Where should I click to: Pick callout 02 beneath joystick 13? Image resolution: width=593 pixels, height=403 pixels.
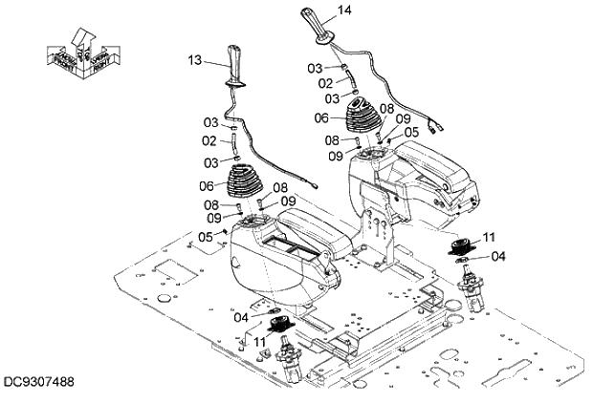pos(209,142)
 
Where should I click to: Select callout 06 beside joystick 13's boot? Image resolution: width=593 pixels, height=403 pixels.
pos(207,186)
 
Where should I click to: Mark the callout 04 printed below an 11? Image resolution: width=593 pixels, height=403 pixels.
pos(498,255)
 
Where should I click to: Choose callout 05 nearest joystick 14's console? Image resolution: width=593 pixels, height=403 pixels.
pos(411,132)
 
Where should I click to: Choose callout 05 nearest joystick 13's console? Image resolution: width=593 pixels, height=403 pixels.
pos(206,237)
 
